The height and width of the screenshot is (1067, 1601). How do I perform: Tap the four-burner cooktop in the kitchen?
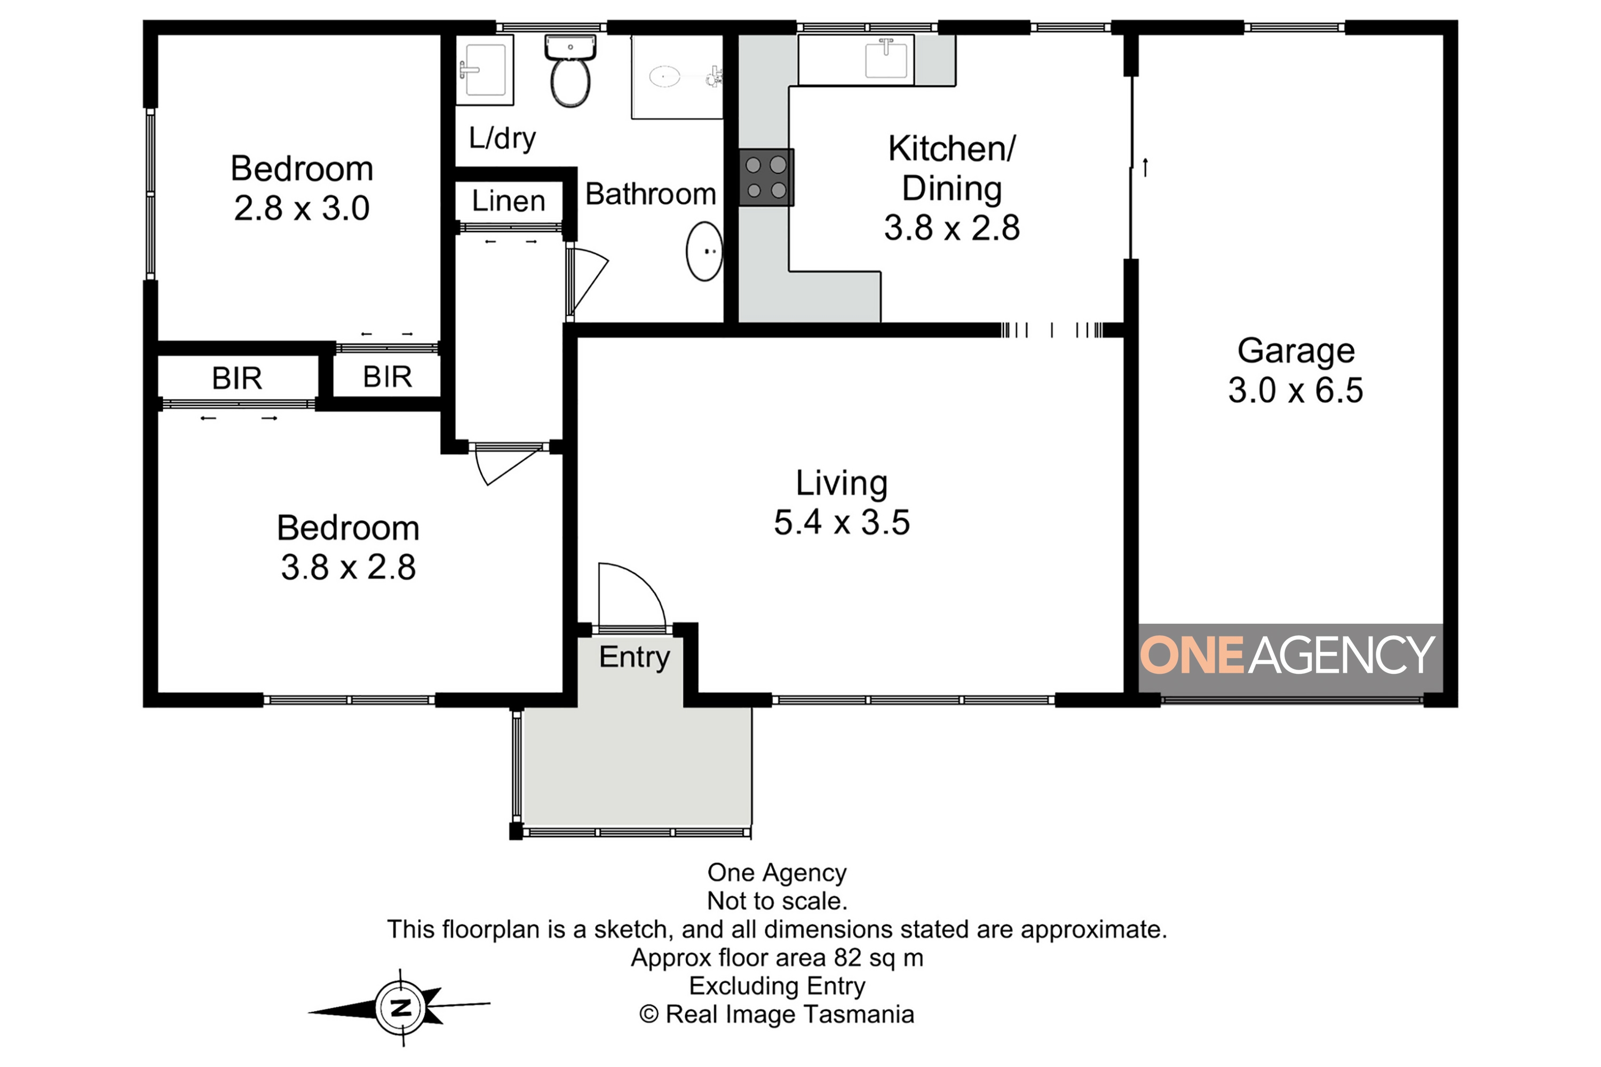pyautogui.click(x=766, y=178)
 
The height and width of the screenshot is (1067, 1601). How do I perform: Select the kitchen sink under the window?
pyautogui.click(x=886, y=59)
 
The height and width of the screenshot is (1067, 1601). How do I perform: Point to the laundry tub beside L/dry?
pyautogui.click(x=484, y=69)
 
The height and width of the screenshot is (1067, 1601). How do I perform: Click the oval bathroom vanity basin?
pyautogui.click(x=704, y=251)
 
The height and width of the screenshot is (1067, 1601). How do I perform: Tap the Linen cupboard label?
pyautogui.click(x=509, y=202)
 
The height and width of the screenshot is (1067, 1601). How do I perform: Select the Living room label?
pyautogui.click(x=842, y=483)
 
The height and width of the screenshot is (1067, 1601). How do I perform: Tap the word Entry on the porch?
pyautogui.click(x=635, y=657)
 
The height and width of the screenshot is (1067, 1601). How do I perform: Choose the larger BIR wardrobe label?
pyautogui.click(x=237, y=378)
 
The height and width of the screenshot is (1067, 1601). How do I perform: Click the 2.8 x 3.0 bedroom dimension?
pyautogui.click(x=302, y=208)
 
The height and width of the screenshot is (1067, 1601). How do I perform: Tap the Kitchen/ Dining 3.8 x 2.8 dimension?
pyautogui.click(x=952, y=228)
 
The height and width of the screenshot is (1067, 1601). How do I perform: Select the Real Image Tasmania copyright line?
pyautogui.click(x=776, y=1014)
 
